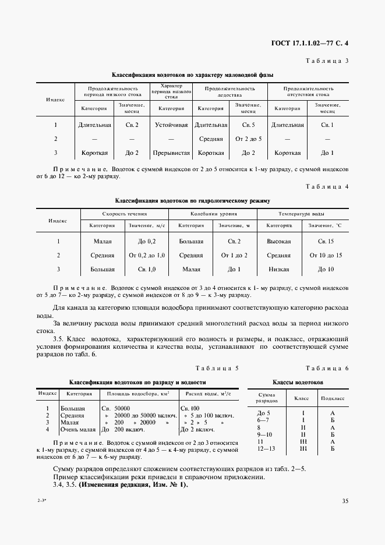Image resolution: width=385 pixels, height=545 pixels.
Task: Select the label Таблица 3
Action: tap(326, 61)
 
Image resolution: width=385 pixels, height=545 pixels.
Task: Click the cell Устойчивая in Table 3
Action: tap(171, 125)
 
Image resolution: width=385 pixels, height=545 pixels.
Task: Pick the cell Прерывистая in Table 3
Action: tap(171, 153)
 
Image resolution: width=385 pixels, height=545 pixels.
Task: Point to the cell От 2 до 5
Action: tap(249, 139)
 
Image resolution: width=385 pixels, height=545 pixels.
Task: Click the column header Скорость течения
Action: tap(124, 214)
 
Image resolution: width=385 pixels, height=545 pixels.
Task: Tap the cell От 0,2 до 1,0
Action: tap(146, 255)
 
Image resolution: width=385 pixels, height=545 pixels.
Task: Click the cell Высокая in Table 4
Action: tap(278, 240)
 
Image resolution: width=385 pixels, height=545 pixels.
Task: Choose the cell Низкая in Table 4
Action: tap(278, 270)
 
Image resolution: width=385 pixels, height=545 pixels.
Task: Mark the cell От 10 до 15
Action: tap(326, 255)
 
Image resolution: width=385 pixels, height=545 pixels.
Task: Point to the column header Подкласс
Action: tap(333, 398)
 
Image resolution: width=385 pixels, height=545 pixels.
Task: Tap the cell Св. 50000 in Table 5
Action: tap(115, 409)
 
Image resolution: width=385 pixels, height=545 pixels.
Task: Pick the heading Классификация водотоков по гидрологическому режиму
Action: tap(192, 201)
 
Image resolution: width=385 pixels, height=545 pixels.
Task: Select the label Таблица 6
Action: tap(326, 369)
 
